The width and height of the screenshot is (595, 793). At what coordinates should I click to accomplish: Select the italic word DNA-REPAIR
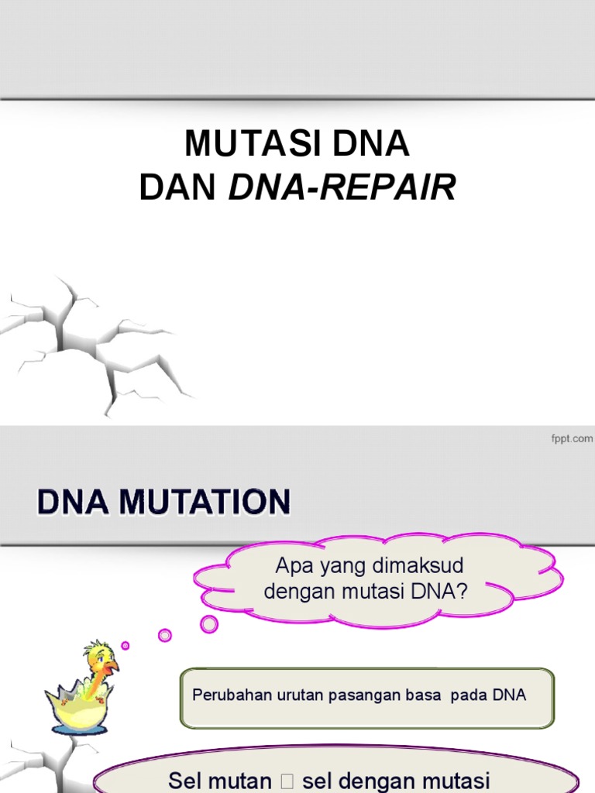[x=342, y=187]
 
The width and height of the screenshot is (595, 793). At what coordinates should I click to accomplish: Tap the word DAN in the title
[x=177, y=187]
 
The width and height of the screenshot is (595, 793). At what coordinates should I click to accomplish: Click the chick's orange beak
[x=112, y=665]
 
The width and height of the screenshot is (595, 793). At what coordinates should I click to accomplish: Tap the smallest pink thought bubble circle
[x=126, y=645]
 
